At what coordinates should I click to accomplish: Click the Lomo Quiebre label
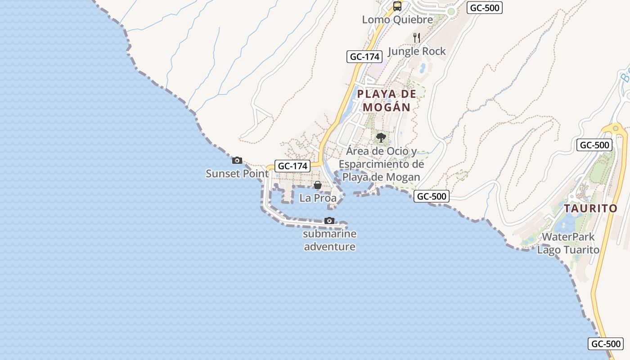coord(397,19)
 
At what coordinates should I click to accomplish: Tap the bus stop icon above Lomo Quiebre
coord(397,6)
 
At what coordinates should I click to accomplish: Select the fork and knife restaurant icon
coord(417,38)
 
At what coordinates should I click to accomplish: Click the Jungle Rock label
coord(417,51)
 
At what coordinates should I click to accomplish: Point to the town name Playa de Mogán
coord(387,100)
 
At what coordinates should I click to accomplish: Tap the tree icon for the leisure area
coord(381,137)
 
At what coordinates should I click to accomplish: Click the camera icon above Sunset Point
coord(237,160)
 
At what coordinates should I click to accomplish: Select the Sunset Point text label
coord(237,173)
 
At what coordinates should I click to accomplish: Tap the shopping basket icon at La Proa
coord(318,185)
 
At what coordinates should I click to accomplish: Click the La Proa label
coord(318,198)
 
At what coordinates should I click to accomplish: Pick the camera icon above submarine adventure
coord(329,220)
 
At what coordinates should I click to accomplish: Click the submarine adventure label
coord(330,240)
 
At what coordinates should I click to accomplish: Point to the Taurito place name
coord(591,208)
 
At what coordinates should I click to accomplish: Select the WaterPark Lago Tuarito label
coord(568,243)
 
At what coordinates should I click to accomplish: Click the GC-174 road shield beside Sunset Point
coord(292,166)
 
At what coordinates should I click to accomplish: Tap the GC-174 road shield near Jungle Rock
coord(364,57)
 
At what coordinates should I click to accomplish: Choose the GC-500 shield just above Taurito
coord(594,145)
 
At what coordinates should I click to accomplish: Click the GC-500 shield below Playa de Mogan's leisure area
coord(432,196)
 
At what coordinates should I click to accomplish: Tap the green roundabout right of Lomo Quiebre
coord(451,11)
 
